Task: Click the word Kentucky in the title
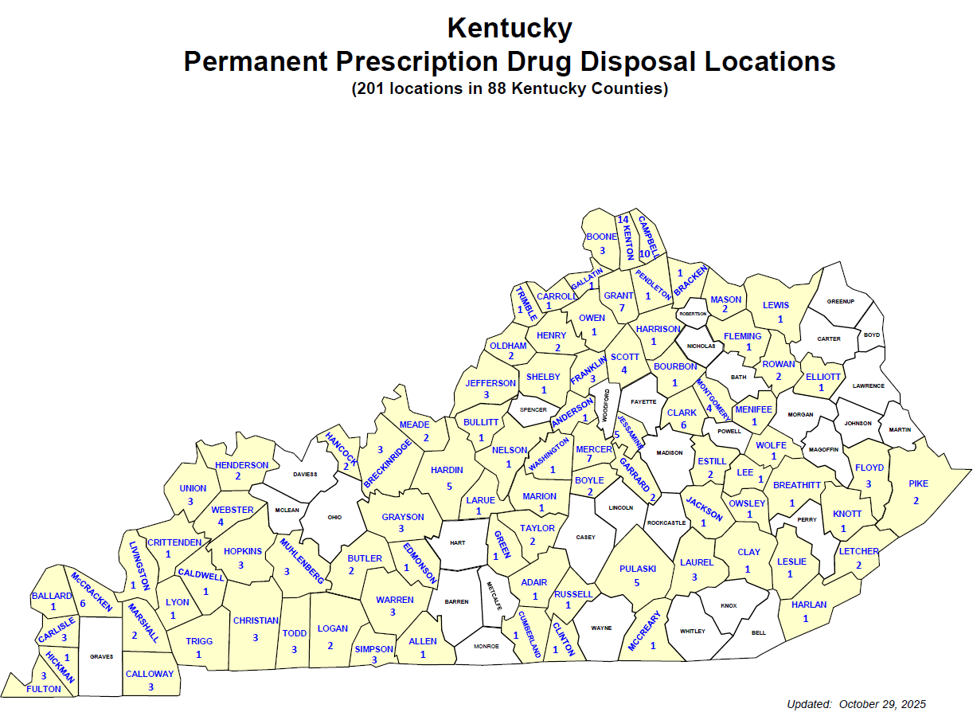(x=510, y=28)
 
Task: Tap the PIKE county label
(x=918, y=483)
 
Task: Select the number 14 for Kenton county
(x=623, y=219)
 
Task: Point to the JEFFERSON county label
(x=490, y=383)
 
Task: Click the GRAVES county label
(x=102, y=657)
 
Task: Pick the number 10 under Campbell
(x=645, y=253)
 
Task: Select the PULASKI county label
(x=637, y=569)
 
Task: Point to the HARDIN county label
(x=447, y=471)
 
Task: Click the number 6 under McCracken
(x=82, y=603)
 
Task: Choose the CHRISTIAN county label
(x=256, y=620)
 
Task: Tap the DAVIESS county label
(x=305, y=474)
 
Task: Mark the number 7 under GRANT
(x=619, y=307)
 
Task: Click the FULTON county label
(x=43, y=689)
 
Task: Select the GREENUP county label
(x=840, y=302)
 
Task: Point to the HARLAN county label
(x=809, y=605)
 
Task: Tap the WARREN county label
(x=395, y=600)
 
